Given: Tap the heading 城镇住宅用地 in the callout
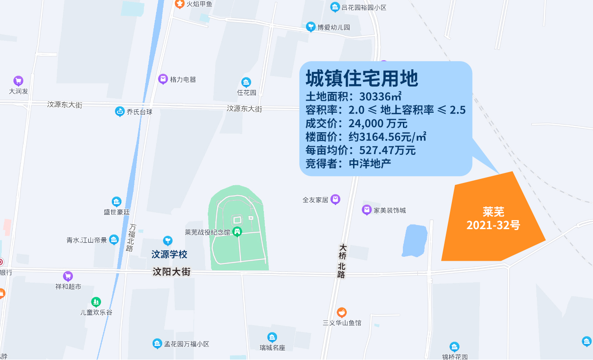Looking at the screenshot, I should click(362, 79).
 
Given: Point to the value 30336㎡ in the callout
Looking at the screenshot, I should click(381, 96).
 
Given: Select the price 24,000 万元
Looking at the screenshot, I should click(378, 123).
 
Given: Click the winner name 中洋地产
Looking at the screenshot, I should click(370, 163).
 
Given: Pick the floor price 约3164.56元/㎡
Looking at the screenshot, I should click(387, 137).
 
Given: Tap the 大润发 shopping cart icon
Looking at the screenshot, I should click(19, 81).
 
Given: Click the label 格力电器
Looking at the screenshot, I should click(183, 79).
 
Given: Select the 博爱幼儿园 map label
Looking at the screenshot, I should click(334, 27).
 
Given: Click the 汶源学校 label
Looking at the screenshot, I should click(169, 254).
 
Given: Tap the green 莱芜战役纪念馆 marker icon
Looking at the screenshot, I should click(237, 232).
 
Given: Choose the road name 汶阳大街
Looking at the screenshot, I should click(172, 272).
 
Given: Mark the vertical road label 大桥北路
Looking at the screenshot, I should click(342, 261).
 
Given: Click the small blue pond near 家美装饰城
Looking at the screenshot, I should click(415, 240).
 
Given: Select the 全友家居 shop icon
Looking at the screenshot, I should click(335, 199).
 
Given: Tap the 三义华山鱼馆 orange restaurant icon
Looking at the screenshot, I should click(342, 312).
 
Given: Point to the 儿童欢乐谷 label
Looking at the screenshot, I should click(96, 312).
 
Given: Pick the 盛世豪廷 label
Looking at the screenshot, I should click(116, 211).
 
